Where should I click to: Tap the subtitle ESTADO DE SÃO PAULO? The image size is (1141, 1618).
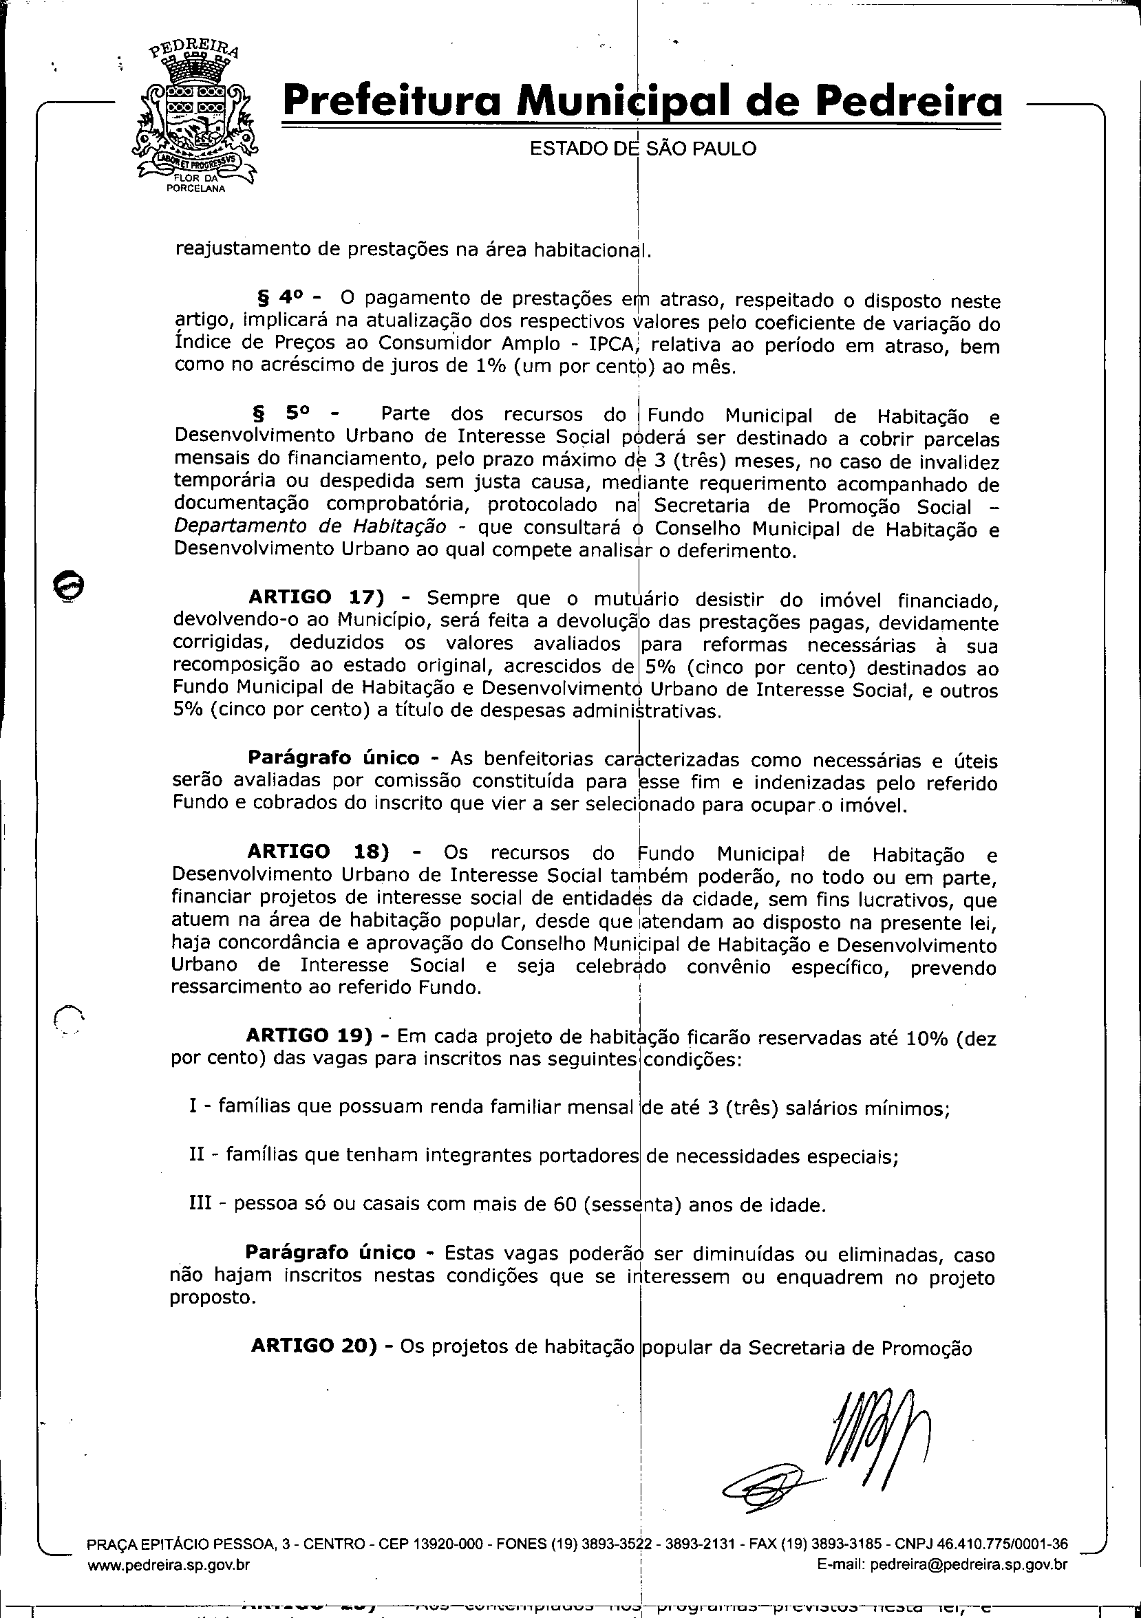tap(643, 149)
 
